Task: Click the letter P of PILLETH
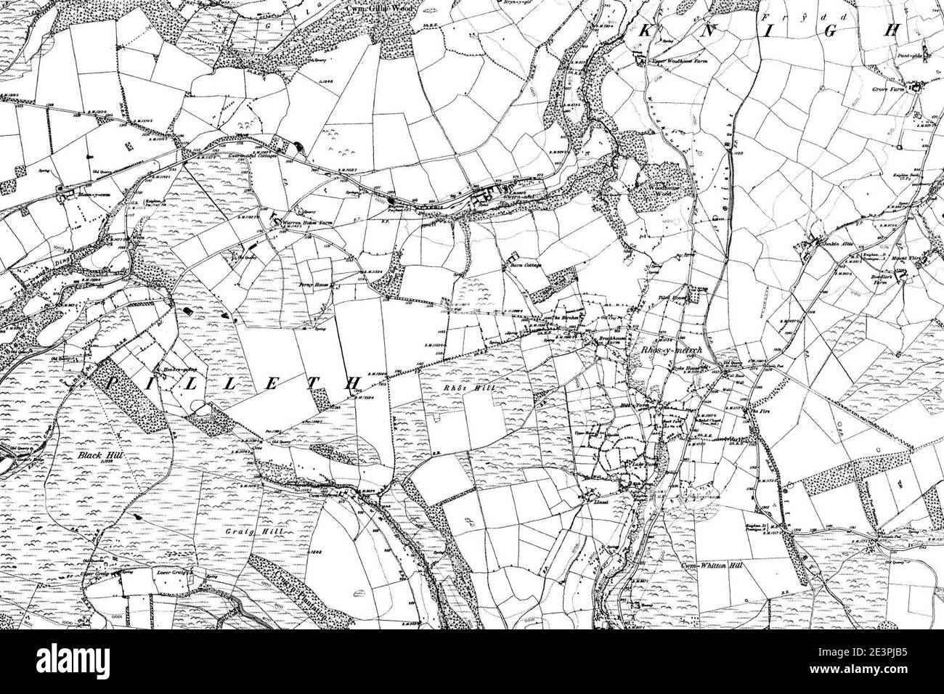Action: [x=113, y=381]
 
